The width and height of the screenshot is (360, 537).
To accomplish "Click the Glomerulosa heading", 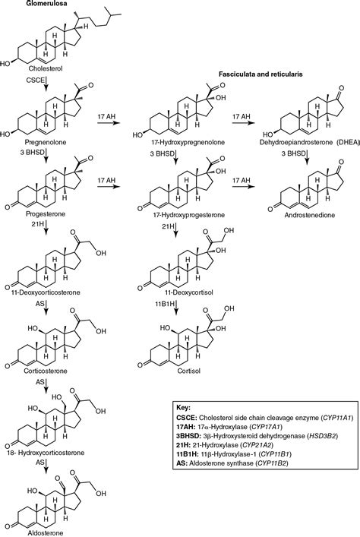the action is (42, 4).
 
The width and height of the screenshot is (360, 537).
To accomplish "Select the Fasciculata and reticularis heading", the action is (261, 74).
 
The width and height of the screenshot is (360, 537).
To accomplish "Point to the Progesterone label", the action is (46, 214).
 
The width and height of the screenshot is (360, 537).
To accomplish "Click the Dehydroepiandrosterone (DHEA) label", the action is (311, 142).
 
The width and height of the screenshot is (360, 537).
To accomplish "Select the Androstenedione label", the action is (309, 215).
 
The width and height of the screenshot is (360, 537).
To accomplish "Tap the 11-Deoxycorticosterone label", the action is (43, 292).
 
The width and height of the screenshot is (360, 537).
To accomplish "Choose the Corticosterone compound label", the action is (46, 371).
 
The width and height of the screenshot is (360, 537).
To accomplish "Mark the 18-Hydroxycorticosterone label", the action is (45, 453).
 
